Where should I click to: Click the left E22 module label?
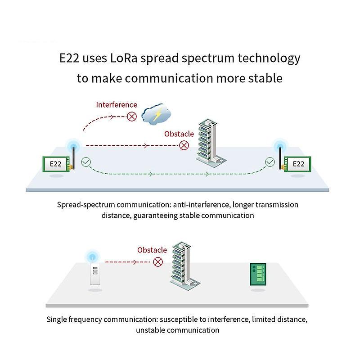pos(55,164)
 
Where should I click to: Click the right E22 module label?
pos(298,164)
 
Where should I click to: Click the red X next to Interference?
pos(132,117)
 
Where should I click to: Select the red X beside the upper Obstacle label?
pos(184,145)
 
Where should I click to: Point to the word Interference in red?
pos(117,105)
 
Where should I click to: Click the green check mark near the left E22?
pos(85,162)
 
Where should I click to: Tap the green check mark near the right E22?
pos(270,162)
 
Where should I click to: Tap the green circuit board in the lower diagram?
pos(257,274)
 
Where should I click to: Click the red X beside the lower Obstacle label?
pos(157,262)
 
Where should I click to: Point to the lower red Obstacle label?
pos(152,250)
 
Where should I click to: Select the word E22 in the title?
pos(71,58)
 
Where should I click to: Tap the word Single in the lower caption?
pos(57,319)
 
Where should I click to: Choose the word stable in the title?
pos(265,78)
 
